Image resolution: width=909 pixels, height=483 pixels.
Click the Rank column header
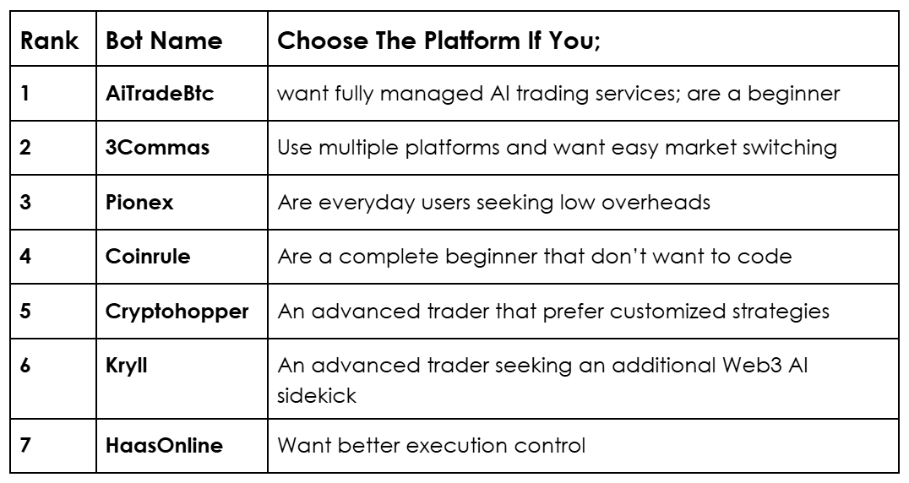point(49,41)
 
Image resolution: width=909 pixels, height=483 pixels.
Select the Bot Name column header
point(164,41)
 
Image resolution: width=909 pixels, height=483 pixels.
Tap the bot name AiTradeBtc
point(160,93)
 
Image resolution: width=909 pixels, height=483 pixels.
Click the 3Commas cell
point(157,148)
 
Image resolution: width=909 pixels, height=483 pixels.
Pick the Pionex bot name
point(139,202)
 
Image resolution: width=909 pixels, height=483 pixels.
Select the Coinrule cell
point(148,256)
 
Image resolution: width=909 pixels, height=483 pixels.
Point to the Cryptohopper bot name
point(177,312)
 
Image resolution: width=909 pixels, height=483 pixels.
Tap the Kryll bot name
point(127,366)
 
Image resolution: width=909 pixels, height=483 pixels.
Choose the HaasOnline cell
point(164,445)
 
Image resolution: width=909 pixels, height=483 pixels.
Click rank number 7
point(25,445)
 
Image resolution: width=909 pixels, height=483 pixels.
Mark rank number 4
point(25,256)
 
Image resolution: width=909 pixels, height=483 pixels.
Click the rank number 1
point(25,93)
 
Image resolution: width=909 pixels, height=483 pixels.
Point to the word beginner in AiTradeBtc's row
point(793,93)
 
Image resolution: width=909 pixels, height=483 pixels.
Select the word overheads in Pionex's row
point(656,202)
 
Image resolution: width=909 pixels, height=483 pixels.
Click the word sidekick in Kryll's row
point(317,395)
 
